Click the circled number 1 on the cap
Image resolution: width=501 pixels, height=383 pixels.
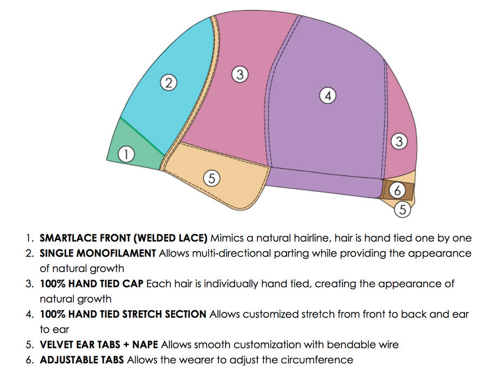pyautogui.click(x=126, y=154)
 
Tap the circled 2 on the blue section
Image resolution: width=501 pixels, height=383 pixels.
pyautogui.click(x=169, y=83)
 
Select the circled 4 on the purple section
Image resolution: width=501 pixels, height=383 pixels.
pyautogui.click(x=327, y=96)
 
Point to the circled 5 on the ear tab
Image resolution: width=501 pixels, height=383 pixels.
pyautogui.click(x=211, y=178)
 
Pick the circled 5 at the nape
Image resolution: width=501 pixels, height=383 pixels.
pyautogui.click(x=402, y=209)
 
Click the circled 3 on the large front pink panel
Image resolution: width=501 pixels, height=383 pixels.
pyautogui.click(x=239, y=74)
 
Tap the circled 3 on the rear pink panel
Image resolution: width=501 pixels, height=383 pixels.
pyautogui.click(x=399, y=142)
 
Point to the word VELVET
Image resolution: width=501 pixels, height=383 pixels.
pyautogui.click(x=56, y=345)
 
